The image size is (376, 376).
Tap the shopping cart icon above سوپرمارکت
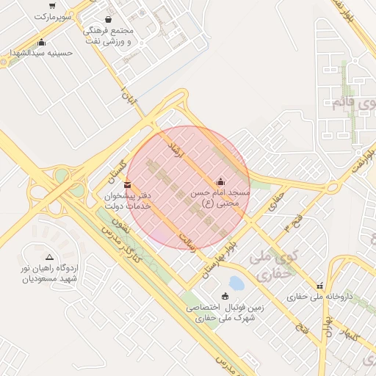[51, 5]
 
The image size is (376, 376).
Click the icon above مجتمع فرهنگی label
[109, 20]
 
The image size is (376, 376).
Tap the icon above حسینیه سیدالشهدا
[41, 42]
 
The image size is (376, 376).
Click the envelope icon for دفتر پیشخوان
[128, 184]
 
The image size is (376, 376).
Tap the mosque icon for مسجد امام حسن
[220, 181]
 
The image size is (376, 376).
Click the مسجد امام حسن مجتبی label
[220, 198]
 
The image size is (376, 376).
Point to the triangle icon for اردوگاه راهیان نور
[49, 257]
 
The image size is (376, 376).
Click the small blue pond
[236, 283]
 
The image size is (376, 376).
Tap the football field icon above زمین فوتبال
[225, 296]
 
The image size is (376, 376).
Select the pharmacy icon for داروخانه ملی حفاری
[319, 286]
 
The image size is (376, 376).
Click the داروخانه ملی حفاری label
[319, 297]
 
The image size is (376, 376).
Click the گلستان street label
[117, 170]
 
